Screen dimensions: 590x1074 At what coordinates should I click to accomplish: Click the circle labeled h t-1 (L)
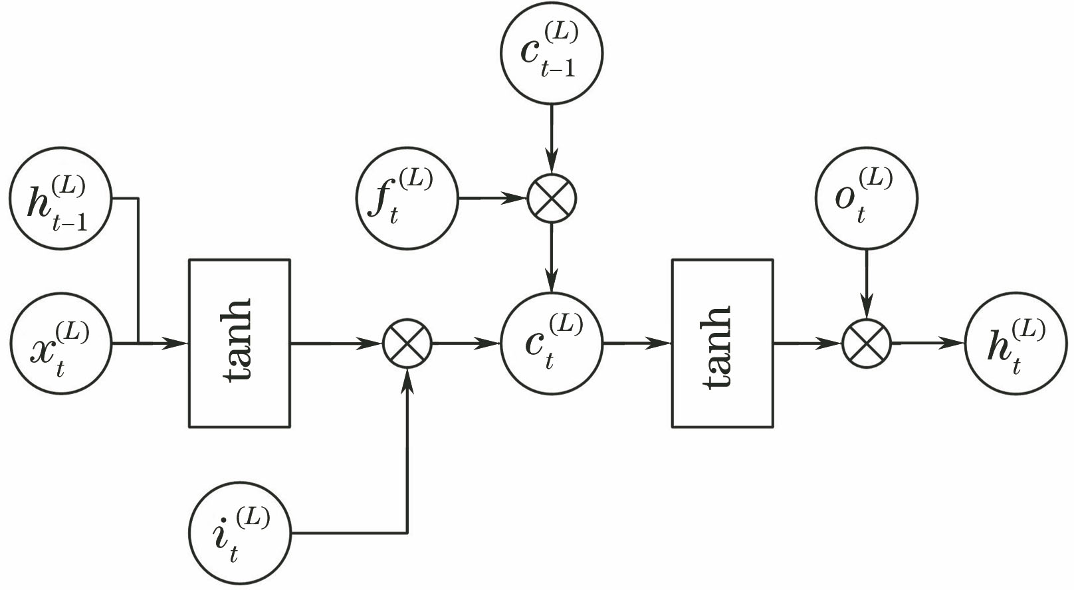pos(61,199)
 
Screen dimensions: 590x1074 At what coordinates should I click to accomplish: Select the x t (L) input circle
pos(61,344)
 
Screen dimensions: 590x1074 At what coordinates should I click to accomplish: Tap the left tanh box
pos(239,343)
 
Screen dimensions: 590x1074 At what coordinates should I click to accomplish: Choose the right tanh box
pos(722,343)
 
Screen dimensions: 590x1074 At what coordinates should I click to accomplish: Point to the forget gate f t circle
pos(407,199)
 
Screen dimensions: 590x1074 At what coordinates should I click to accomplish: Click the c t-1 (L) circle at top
pos(552,52)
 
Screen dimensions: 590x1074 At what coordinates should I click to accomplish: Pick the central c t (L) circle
pos(552,344)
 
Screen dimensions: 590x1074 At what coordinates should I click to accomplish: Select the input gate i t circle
pos(240,533)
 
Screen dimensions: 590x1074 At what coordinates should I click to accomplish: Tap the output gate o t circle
pos(867,198)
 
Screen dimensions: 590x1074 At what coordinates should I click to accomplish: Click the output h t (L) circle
pos(1016,344)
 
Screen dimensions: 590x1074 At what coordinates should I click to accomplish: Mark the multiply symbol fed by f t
pos(552,199)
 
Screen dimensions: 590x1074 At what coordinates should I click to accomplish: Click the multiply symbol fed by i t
pos(407,344)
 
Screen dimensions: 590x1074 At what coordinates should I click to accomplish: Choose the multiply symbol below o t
pos(867,344)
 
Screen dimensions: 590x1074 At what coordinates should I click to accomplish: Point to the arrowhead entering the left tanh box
pos(179,344)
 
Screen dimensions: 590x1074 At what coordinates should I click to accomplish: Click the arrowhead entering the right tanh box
pos(663,344)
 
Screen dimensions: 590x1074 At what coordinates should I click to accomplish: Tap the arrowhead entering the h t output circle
pos(955,344)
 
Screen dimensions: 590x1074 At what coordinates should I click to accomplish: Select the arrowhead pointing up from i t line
pos(407,380)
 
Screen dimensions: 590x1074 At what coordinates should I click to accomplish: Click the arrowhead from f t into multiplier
pos(516,199)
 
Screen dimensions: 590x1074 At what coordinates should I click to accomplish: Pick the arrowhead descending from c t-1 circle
pos(552,163)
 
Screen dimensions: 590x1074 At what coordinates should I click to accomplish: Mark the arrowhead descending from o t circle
pos(867,308)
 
